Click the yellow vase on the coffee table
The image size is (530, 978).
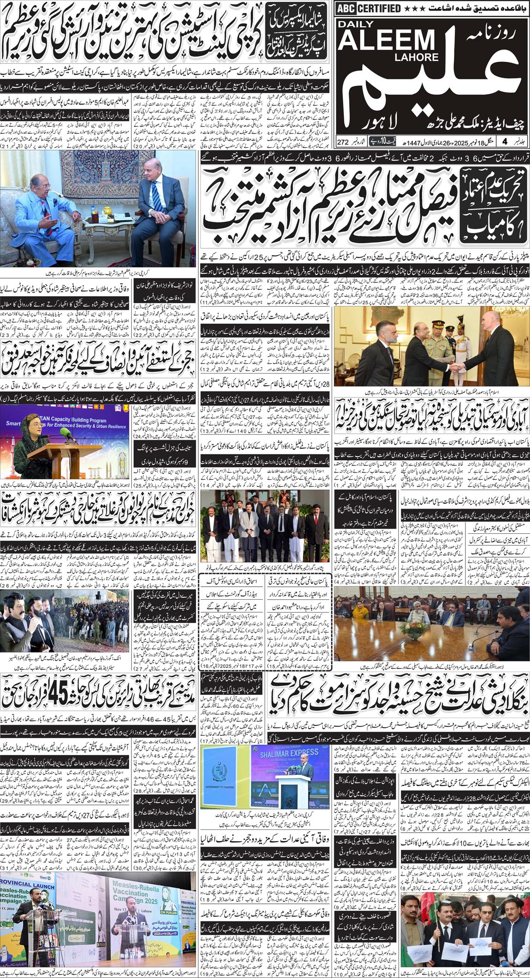[x=107, y=210]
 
